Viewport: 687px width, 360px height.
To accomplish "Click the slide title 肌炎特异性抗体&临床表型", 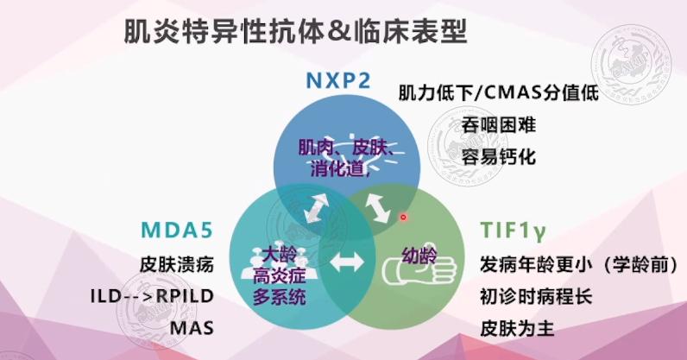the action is (x=295, y=31).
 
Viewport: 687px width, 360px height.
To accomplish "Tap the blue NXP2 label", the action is (x=338, y=80).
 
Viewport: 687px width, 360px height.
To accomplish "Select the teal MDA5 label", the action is (x=177, y=230).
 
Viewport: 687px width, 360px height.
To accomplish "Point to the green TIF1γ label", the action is (x=513, y=231).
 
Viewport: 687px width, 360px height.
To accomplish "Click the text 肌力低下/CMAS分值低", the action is (x=499, y=92).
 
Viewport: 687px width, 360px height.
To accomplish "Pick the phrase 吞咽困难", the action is (x=499, y=125).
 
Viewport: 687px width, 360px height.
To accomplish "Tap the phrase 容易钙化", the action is (x=499, y=157).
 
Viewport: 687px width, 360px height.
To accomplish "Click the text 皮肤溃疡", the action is (x=177, y=264).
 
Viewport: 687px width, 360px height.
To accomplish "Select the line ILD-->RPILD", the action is (x=152, y=296).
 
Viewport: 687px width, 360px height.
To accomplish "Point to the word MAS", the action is (x=192, y=328).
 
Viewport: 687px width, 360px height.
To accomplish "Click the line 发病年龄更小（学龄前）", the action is (x=579, y=264).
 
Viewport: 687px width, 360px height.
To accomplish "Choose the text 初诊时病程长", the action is (x=536, y=296).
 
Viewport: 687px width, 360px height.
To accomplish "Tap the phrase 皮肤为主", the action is (x=518, y=328).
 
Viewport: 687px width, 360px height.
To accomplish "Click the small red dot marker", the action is (x=404, y=217).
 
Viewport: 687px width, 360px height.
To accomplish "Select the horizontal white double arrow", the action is (x=347, y=262).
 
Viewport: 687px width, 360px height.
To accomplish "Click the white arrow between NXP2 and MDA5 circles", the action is (x=317, y=208).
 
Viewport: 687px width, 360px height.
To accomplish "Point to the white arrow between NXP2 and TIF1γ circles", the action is (x=378, y=208).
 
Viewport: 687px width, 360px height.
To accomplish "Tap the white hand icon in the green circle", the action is (x=419, y=268).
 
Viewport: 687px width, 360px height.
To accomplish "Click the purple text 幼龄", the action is (x=419, y=256).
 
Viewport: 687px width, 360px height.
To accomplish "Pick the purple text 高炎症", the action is (x=279, y=275).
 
